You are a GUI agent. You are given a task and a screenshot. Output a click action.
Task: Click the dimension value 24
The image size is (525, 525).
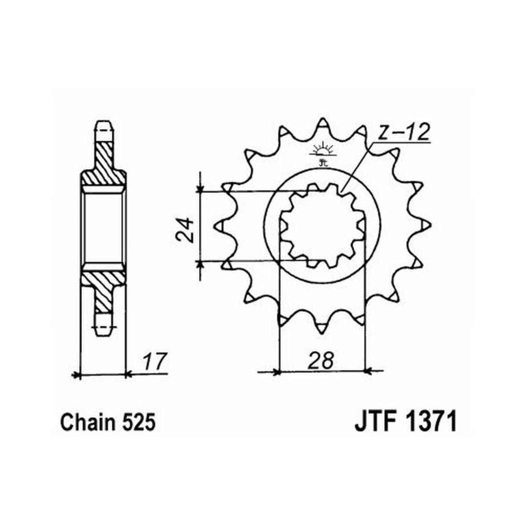point(185,230)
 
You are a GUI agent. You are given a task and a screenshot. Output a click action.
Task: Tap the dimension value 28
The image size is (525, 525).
point(322,361)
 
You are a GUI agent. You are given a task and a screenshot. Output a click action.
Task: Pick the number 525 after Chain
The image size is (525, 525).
point(139,423)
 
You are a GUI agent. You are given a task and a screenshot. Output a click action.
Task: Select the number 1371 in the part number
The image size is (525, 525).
point(432,422)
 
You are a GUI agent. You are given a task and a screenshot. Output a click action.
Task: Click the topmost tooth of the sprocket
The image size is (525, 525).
point(322,125)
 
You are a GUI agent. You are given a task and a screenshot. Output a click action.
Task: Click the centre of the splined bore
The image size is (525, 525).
point(322,225)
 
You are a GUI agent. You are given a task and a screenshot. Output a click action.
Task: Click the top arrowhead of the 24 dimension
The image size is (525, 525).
point(200,188)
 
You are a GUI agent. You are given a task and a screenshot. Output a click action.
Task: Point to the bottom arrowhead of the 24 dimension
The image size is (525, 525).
point(200,265)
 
